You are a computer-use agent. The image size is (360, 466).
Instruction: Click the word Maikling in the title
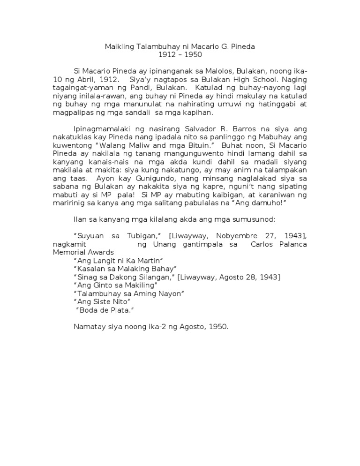coord(117,47)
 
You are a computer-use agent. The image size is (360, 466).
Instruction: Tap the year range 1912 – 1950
coord(180,55)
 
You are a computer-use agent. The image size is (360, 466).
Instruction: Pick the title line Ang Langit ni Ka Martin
coord(118,260)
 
